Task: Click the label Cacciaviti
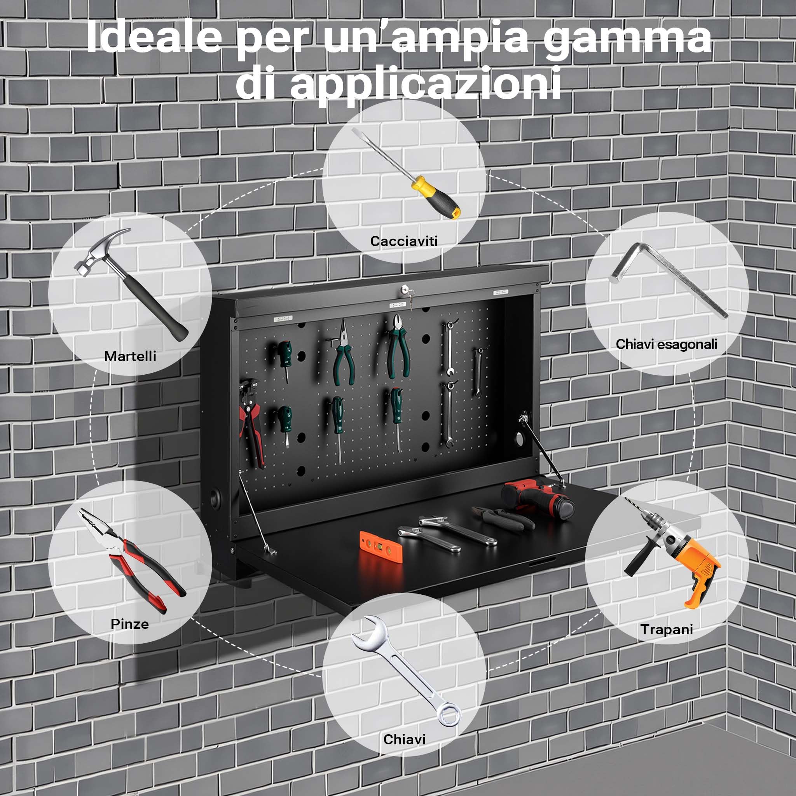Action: pos(404,241)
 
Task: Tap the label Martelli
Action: pos(130,356)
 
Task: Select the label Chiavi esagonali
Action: pos(666,344)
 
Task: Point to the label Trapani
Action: pos(667,629)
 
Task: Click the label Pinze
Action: pos(130,624)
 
